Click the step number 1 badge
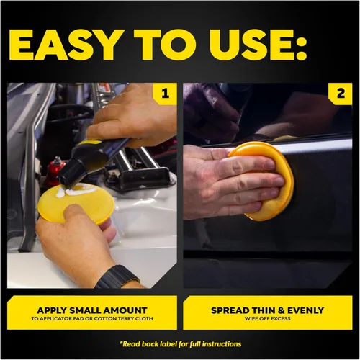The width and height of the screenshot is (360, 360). coord(166,94)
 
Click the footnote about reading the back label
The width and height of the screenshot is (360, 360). coord(180,344)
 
